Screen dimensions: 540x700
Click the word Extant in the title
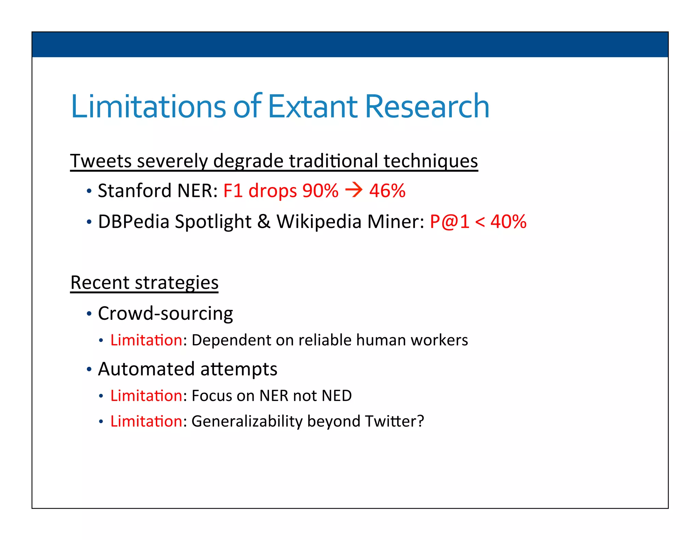pos(313,106)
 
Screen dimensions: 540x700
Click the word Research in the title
pos(427,106)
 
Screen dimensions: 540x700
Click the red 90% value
pos(320,190)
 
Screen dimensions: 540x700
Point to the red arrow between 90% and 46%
pos(354,190)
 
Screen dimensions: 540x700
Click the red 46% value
pos(387,190)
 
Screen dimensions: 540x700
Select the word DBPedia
pos(134,222)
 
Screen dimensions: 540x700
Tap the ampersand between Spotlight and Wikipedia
pos(264,222)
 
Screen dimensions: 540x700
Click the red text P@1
pos(449,222)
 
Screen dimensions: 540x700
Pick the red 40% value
pos(508,222)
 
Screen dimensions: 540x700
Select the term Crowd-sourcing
pos(165,313)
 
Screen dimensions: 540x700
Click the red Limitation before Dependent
pos(146,340)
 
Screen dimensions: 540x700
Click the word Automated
pos(146,369)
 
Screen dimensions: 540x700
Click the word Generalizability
pos(247,421)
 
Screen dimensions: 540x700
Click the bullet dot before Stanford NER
pos(89,191)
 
